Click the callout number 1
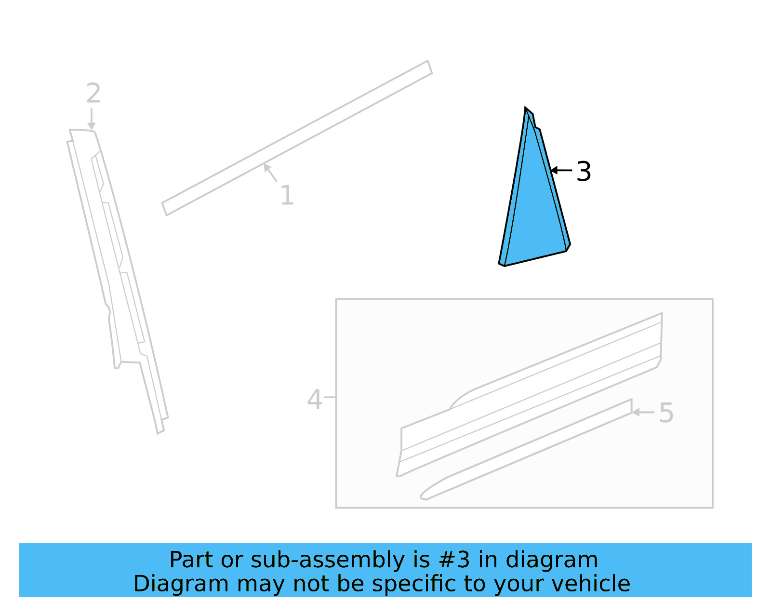point(287,195)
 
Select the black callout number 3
point(584,172)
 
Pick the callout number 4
point(314,400)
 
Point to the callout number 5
point(666,413)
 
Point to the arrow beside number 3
point(561,170)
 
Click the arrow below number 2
point(91,119)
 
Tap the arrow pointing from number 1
point(270,173)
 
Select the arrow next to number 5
point(643,412)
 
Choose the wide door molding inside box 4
point(530,395)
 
